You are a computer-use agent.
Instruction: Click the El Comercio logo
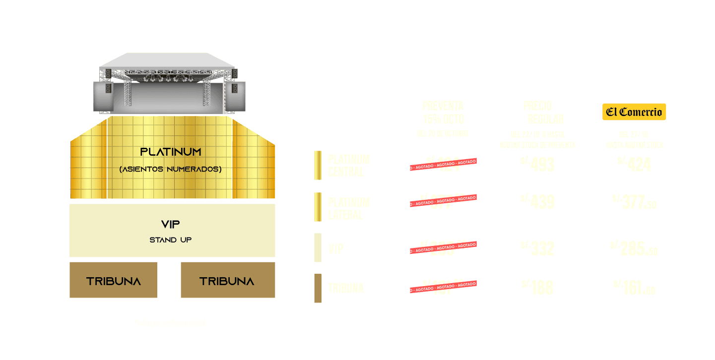click(x=634, y=112)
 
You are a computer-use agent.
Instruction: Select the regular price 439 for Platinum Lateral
click(x=537, y=202)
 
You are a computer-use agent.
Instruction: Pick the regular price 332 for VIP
click(x=537, y=248)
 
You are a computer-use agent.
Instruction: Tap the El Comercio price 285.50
click(x=634, y=248)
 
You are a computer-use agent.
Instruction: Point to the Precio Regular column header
click(x=538, y=113)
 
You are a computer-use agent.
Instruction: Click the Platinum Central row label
click(x=349, y=166)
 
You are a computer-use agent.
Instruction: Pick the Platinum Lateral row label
click(x=349, y=209)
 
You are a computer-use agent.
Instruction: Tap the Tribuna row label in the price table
click(x=346, y=289)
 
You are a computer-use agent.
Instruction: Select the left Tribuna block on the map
click(x=113, y=281)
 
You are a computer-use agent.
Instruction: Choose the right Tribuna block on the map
click(x=227, y=281)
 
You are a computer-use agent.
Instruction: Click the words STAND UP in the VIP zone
click(x=171, y=240)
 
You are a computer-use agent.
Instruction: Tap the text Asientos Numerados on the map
click(x=170, y=169)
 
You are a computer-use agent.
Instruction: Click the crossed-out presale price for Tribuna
click(x=443, y=286)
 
